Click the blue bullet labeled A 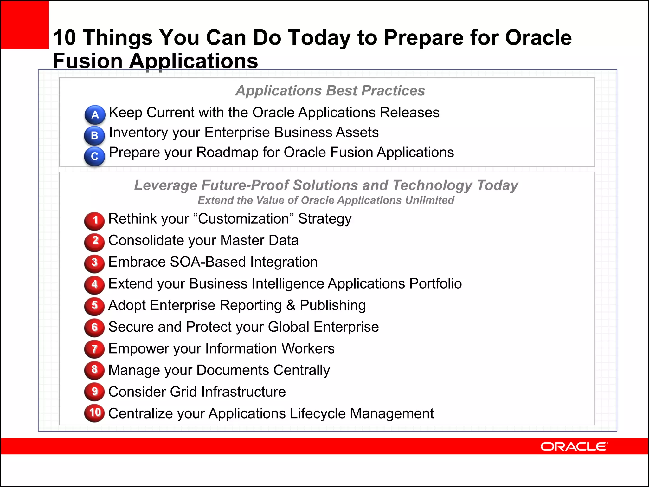point(95,114)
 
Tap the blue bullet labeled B point(94,135)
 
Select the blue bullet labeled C point(94,156)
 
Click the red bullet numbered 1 point(94,220)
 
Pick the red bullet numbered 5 point(94,306)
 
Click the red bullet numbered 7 point(94,349)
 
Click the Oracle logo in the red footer point(574,446)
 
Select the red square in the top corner point(25,24)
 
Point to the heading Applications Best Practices point(330,91)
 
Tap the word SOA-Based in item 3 point(208,262)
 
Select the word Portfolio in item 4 point(435,284)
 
